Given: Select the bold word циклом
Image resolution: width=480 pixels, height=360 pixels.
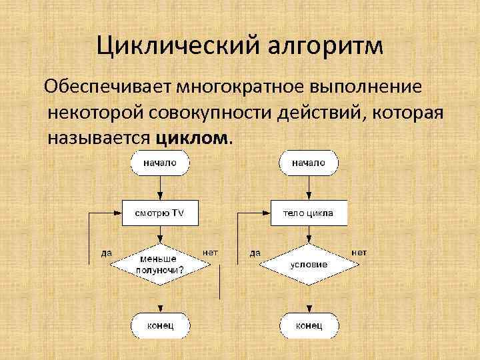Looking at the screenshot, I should pos(193,138).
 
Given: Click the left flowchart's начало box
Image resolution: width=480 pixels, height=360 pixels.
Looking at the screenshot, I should pos(160,163).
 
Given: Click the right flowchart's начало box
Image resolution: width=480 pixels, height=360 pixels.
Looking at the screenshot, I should pos(308,163).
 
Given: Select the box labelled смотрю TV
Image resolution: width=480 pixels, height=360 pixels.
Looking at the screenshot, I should pos(160,213).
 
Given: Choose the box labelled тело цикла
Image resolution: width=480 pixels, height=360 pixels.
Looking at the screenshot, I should pos(308,213).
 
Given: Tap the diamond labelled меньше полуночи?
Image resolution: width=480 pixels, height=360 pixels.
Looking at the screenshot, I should pos(160,264).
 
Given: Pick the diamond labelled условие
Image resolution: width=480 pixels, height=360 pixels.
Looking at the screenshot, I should pos(308,264).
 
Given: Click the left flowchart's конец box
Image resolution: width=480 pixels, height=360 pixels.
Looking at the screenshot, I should pos(160,325).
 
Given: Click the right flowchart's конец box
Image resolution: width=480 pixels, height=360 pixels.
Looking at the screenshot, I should pos(309,325).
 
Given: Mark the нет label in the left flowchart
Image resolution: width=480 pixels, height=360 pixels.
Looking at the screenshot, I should pos(210,253).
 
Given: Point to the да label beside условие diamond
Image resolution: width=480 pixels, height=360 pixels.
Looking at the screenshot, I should pos(255,253).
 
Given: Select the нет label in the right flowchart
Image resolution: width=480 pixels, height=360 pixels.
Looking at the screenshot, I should pos(359,253).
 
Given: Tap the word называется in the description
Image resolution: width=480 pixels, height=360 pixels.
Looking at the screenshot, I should pos(100,138).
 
